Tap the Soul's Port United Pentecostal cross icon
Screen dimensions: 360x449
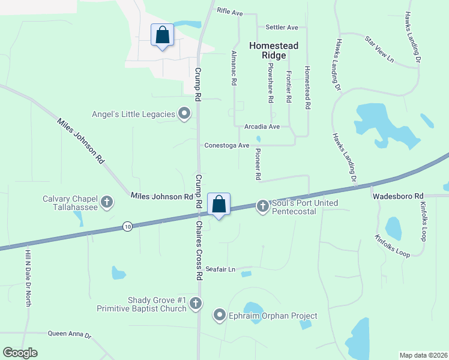[x=262, y=206]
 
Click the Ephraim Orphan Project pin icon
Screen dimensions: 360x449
[x=220, y=315]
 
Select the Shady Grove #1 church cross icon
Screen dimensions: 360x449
[x=195, y=304]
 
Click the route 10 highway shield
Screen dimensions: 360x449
[x=127, y=226]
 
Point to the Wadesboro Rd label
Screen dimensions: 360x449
[x=398, y=196]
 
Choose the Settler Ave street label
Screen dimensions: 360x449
[x=282, y=28]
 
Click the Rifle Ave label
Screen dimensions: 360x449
[x=230, y=12]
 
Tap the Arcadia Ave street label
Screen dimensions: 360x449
[x=262, y=127]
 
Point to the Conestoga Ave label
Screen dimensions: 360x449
[x=226, y=145]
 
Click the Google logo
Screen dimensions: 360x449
[x=20, y=353]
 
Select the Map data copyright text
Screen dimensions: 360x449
[x=423, y=355]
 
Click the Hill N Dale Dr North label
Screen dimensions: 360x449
[x=28, y=279]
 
